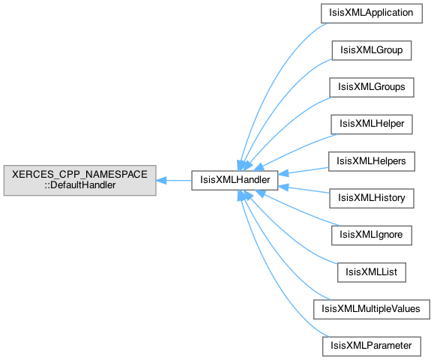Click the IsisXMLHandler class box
pos(235,180)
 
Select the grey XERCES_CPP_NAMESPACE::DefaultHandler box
pos(79,180)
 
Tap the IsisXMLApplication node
pos(372,13)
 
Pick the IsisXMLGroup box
pos(372,50)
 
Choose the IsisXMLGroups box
pos(372,88)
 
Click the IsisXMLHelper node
pos(372,124)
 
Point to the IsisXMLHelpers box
pos(372,161)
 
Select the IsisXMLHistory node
pos(372,199)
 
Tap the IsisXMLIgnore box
pos(372,235)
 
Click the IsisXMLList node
pos(372,272)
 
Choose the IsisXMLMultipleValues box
pos(372,309)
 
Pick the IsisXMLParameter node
pos(372,346)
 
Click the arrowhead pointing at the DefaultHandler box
pos(161,181)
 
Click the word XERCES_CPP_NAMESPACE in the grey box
pos(79,175)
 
